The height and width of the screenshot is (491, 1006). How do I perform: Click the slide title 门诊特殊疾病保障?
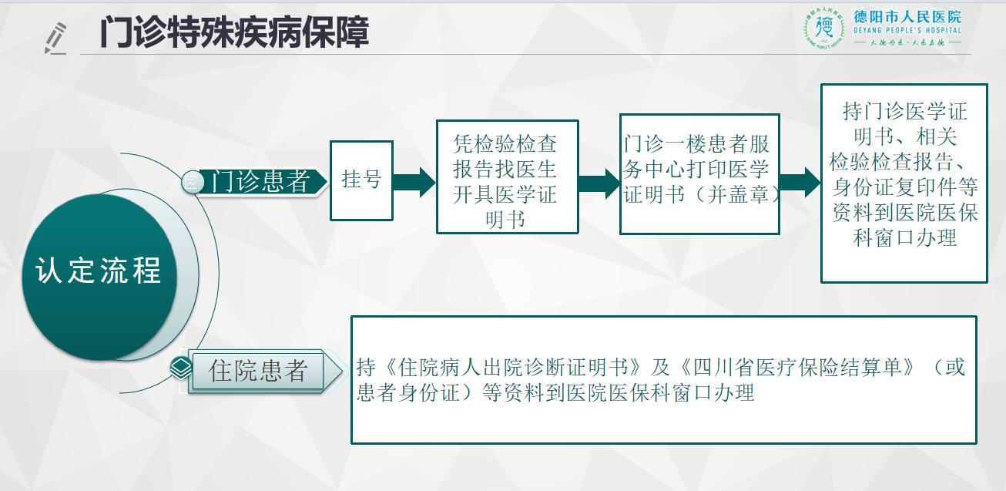pos(234,32)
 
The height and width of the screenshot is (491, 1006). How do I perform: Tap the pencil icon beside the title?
pos(55,39)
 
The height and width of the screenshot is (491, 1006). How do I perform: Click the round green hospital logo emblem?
pos(824,28)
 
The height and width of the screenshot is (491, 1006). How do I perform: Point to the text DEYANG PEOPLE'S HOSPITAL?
pos(907,31)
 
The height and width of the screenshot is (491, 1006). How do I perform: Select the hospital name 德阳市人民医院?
pos(907,17)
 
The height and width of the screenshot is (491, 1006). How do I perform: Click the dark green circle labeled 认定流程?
pos(99,276)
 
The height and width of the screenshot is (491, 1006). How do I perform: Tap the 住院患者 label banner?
pos(265,371)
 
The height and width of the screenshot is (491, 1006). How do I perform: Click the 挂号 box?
pos(361,180)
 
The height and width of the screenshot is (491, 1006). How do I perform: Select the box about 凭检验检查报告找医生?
pos(507,177)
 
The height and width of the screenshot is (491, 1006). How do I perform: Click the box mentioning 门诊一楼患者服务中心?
pos(699,174)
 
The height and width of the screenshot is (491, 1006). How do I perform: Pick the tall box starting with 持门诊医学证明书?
pos(904,183)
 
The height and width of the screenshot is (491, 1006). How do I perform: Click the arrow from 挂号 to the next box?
pos(414,183)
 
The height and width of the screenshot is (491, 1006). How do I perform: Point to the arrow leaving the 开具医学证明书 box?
pos(599,183)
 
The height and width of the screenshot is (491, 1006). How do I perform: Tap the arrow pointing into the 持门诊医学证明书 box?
pos(800,183)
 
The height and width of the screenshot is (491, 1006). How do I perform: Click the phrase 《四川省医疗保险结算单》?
pos(797,368)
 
